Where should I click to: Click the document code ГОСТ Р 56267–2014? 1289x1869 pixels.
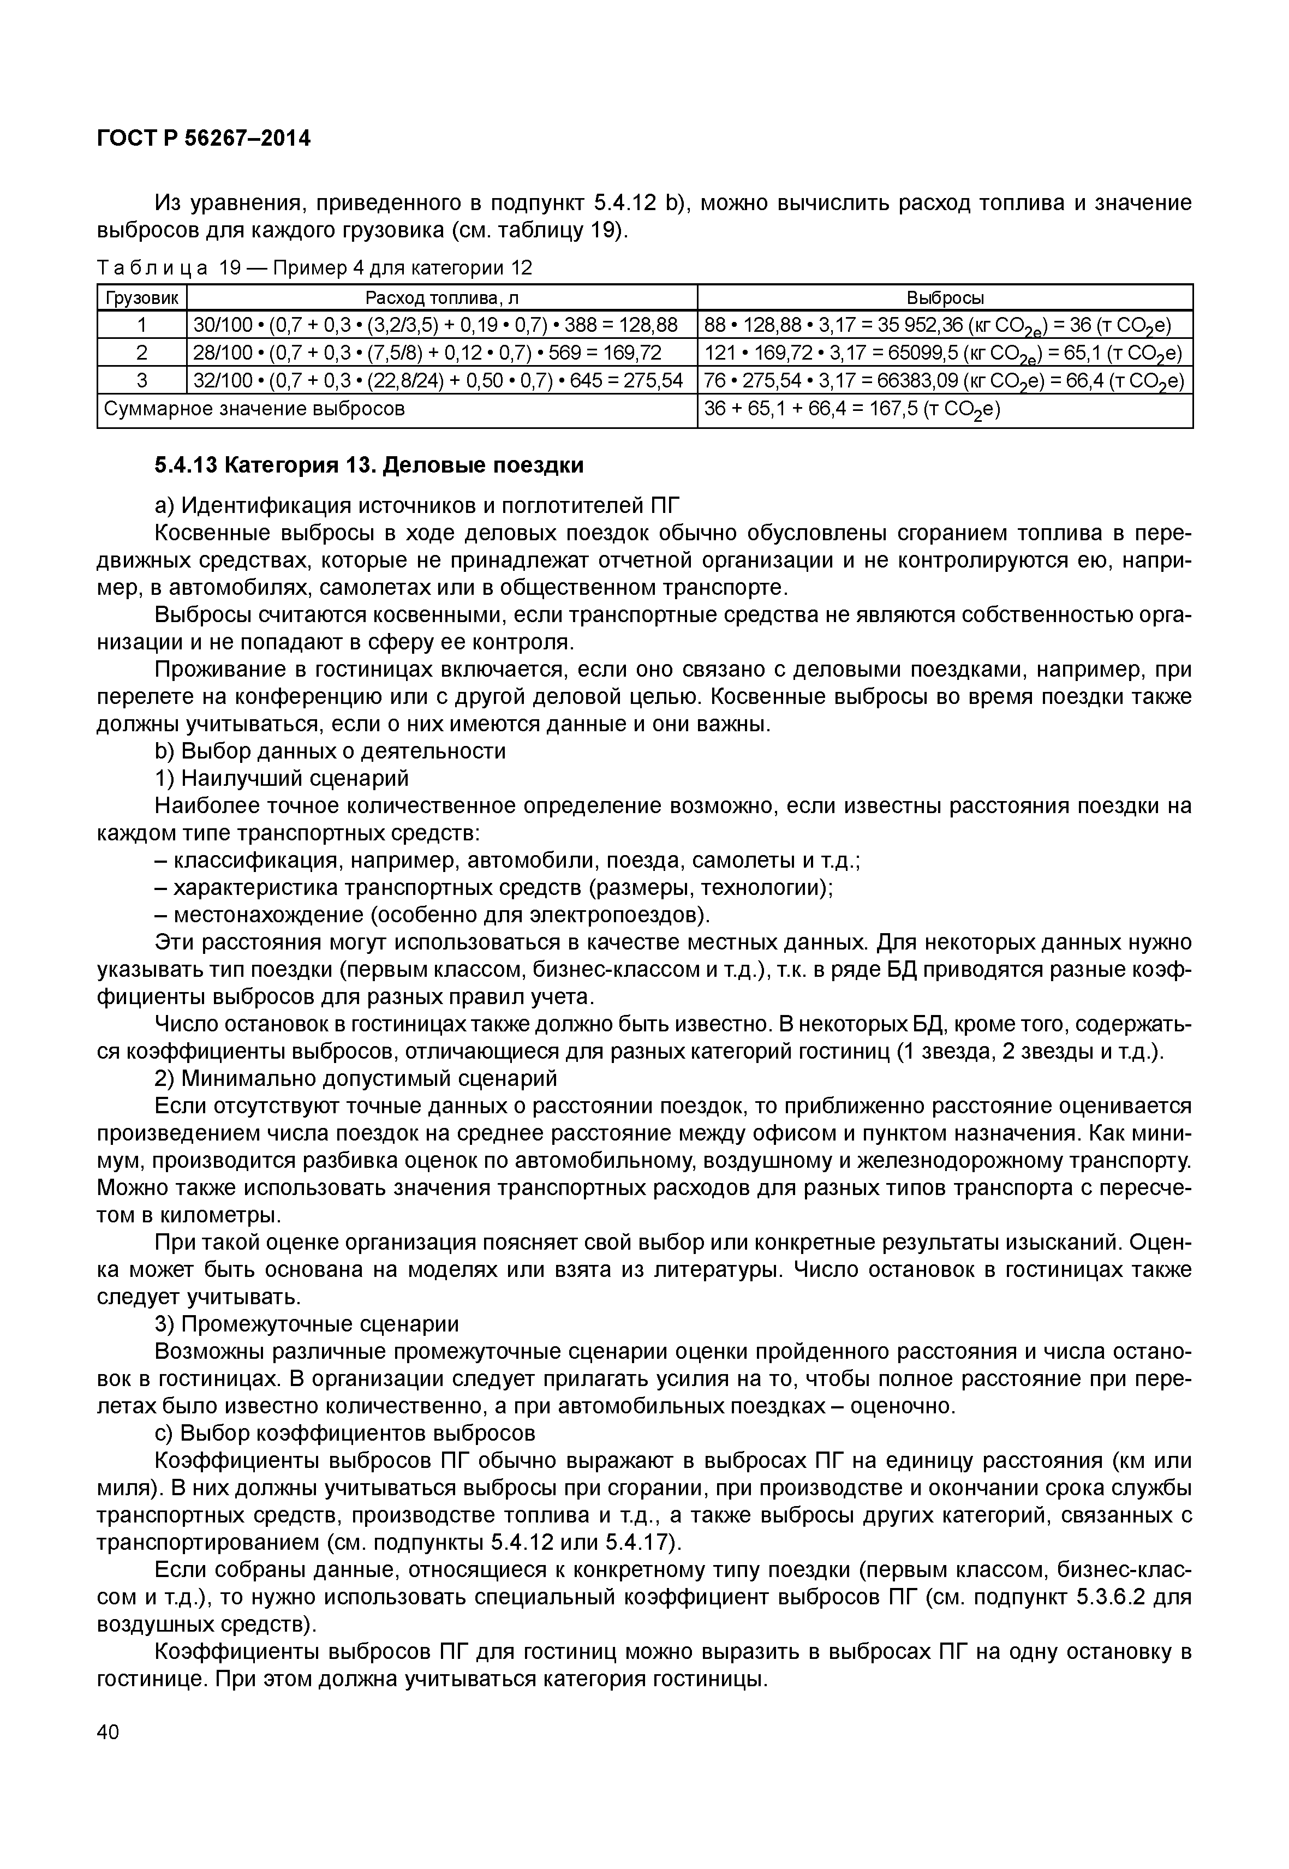(204, 138)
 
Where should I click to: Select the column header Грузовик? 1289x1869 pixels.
(141, 297)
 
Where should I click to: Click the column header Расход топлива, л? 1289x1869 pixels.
(442, 297)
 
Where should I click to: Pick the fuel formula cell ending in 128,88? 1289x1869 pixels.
(434, 325)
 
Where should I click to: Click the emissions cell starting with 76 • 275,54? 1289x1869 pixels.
(944, 380)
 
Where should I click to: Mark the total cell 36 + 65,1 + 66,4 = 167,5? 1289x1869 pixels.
(851, 409)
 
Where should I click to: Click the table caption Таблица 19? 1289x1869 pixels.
(314, 267)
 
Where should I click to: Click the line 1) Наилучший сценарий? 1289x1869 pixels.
(281, 778)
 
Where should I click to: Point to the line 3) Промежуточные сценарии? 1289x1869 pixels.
(306, 1324)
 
